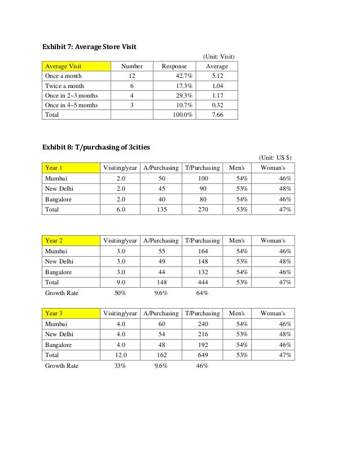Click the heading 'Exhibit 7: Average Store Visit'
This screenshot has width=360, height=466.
(x=89, y=46)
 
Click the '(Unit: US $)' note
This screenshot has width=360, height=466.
(x=275, y=157)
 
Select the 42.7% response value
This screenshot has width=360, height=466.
(x=182, y=76)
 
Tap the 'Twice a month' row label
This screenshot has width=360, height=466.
(x=64, y=86)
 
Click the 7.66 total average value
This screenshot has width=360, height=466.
(x=217, y=115)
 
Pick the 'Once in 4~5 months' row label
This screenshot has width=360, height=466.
(x=71, y=105)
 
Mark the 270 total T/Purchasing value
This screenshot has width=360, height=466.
(x=203, y=209)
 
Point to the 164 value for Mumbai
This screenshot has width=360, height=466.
(x=203, y=251)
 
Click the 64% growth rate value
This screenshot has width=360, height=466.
(x=203, y=293)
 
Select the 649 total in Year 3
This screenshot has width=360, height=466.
(x=203, y=355)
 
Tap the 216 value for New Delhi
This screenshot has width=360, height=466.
(x=203, y=335)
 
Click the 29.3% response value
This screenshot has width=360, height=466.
(x=182, y=95)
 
